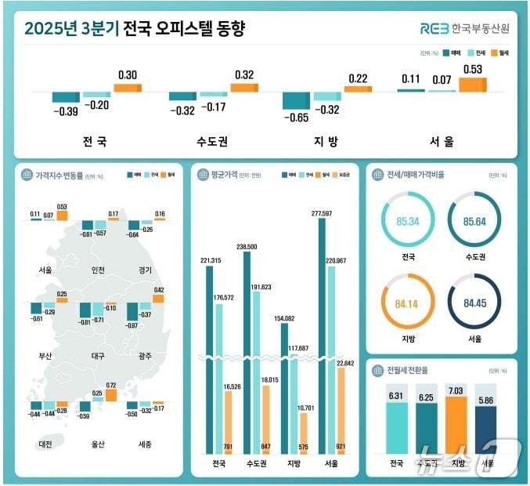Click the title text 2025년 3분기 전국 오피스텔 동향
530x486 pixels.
(x=134, y=29)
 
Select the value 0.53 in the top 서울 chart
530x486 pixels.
(x=472, y=70)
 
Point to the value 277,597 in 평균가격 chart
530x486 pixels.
(x=322, y=212)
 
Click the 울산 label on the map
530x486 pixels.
(x=97, y=444)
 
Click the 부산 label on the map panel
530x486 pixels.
(x=45, y=356)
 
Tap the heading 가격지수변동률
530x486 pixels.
(x=59, y=175)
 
